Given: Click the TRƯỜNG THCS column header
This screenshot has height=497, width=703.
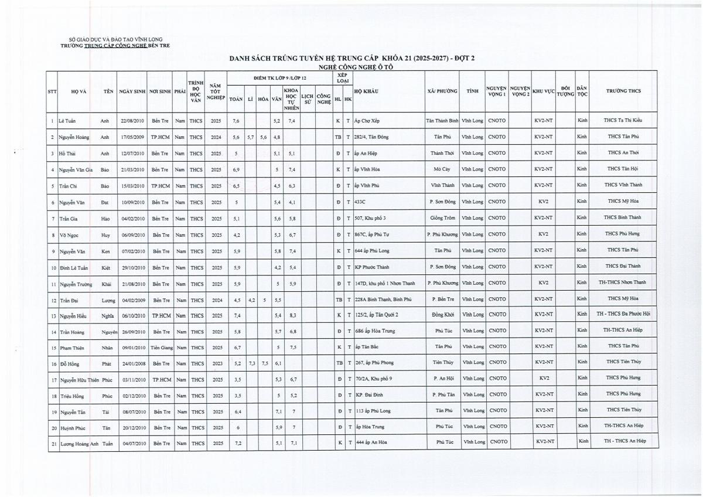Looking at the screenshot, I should point(622,91).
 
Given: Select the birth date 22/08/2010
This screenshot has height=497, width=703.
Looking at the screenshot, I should point(132,121).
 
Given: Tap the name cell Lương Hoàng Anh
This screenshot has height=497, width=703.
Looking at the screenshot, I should point(77,442).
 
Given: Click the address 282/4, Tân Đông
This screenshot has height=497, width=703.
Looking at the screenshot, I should point(376,137).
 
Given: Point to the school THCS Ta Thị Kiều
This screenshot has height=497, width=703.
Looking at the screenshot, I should point(622,121).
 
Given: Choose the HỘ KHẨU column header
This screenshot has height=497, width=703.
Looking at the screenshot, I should point(366,91).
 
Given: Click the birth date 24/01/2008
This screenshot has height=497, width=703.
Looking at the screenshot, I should point(132,363).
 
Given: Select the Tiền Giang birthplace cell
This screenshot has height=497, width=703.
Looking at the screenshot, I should point(159,348).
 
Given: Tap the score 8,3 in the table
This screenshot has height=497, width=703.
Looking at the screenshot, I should point(292,315).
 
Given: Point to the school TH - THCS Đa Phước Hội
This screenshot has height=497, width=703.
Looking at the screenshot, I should point(622,315).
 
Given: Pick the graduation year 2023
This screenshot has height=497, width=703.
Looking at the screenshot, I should point(216,363).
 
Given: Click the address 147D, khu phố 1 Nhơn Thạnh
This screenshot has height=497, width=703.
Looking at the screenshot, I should point(385,283).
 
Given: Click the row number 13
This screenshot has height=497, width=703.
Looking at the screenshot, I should point(53,315).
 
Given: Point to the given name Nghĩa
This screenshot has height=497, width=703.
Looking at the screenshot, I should point(107,315).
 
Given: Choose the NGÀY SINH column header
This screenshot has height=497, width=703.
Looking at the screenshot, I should point(132,91).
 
